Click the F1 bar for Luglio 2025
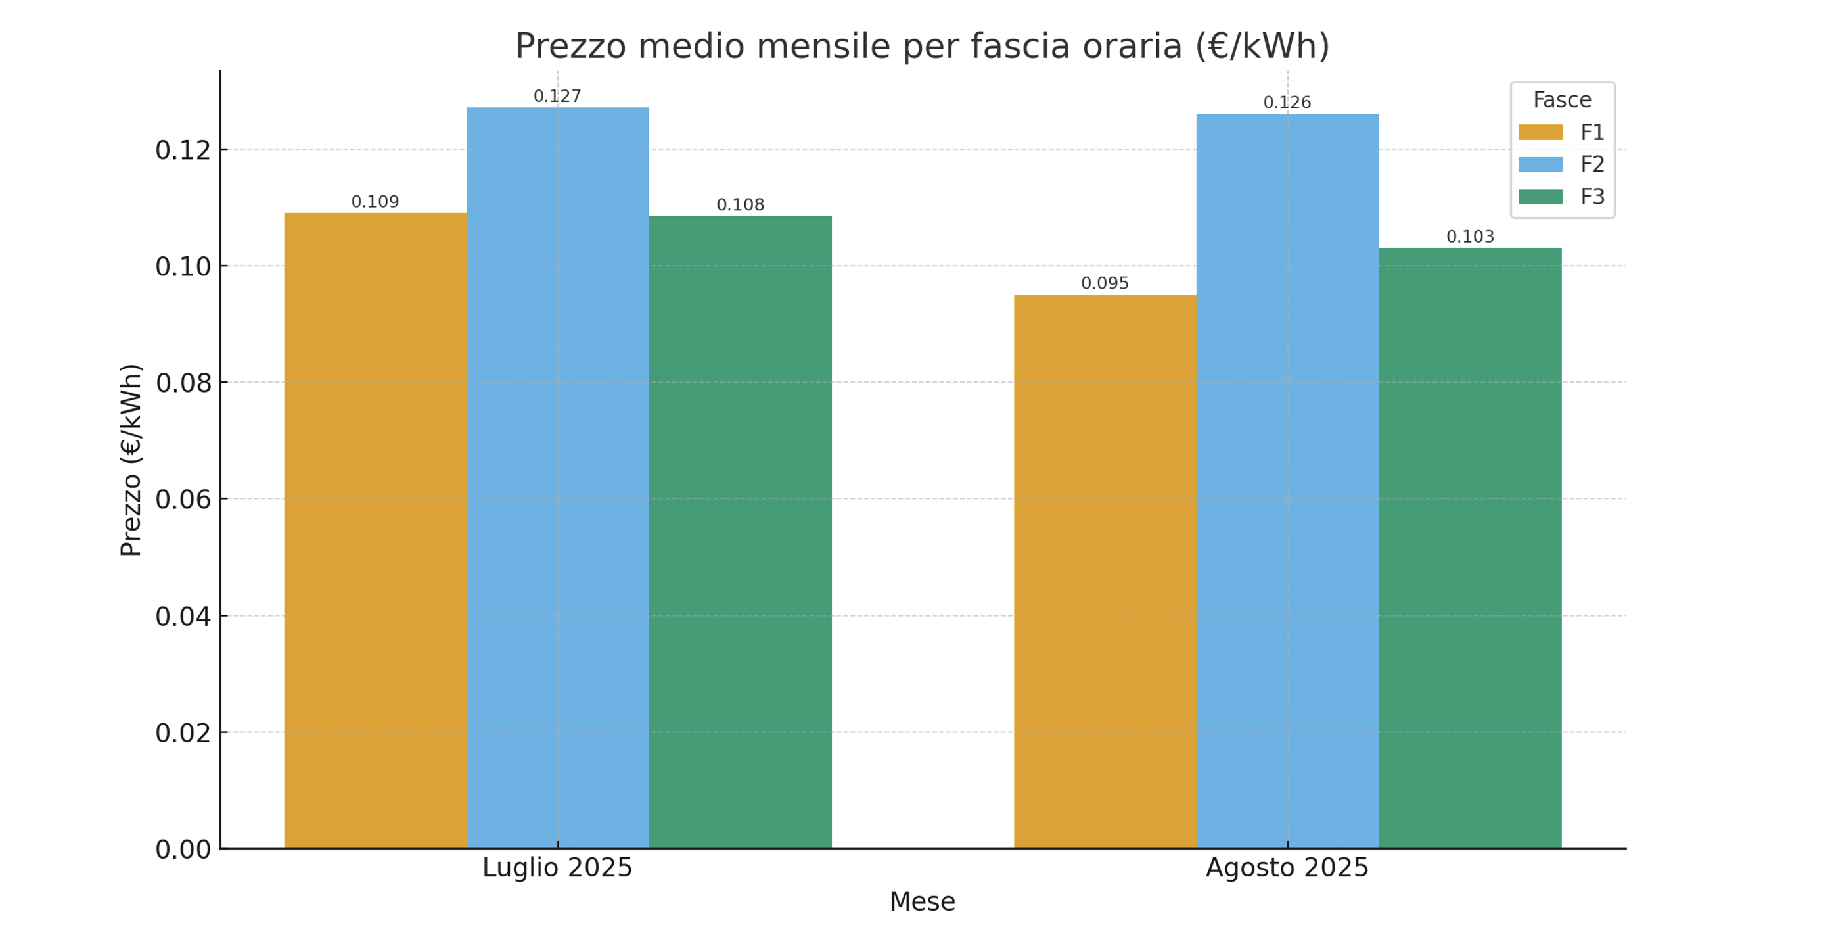point(375,530)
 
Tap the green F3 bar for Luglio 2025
point(740,531)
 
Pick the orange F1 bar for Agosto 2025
point(1105,571)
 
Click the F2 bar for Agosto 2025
point(1287,481)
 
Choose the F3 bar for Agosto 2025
point(1469,548)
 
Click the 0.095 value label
point(1105,283)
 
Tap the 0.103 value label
point(1469,236)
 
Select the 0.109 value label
point(375,201)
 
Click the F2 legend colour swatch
point(1540,164)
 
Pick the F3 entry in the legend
point(1592,197)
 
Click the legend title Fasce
point(1562,100)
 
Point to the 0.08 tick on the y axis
point(183,383)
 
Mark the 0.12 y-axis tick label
point(183,150)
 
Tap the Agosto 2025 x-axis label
point(1287,867)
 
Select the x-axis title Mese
point(922,901)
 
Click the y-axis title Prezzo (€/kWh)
point(131,460)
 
